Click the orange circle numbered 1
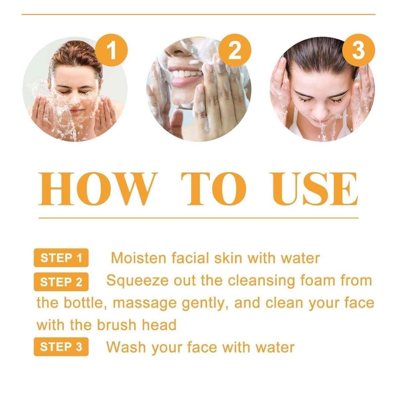coord(111,50)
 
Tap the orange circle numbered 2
coord(235,50)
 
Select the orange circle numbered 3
coord(358,50)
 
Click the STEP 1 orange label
coord(61,258)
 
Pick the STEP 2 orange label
coord(61,282)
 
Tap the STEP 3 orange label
coord(61,346)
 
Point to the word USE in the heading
coord(314,189)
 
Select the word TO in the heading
coord(214,189)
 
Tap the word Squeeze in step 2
coord(137,281)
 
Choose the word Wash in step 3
coord(126,347)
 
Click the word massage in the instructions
coord(144,304)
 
